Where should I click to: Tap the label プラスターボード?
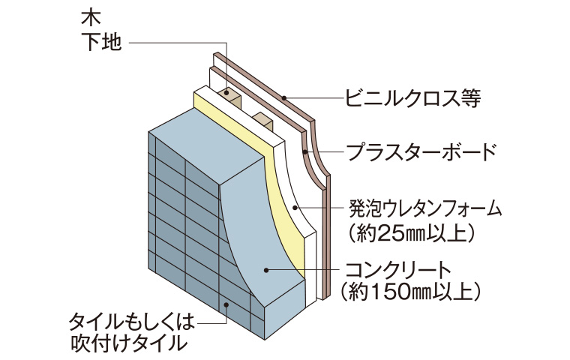(421, 152)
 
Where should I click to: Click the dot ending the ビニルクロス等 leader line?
(285, 97)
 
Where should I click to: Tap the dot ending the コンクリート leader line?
(265, 267)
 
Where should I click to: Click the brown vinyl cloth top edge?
(262, 79)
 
